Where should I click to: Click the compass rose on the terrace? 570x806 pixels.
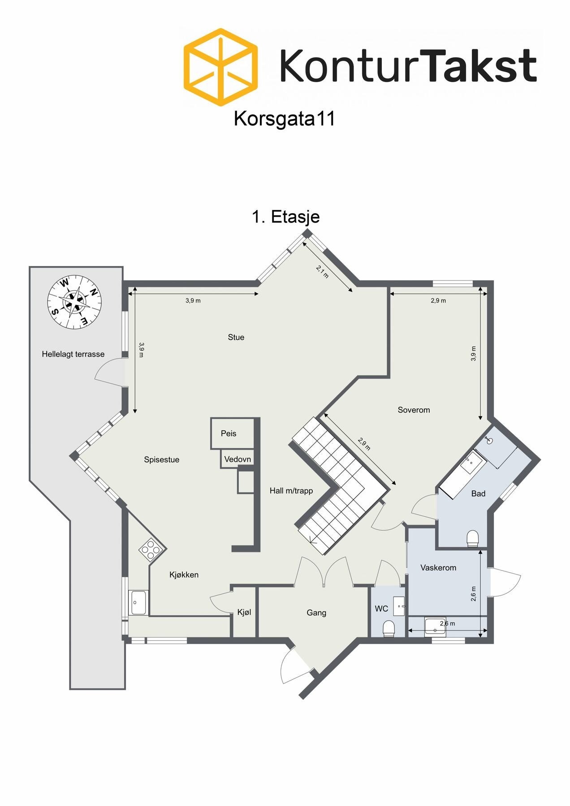tap(74, 301)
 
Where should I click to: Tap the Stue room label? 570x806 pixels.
tap(236, 337)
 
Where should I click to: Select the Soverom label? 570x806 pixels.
tap(413, 410)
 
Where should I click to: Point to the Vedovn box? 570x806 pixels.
tap(237, 459)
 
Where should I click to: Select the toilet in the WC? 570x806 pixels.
tap(389, 628)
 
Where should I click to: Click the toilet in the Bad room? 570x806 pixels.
tap(473, 538)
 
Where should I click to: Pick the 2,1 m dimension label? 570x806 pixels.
tap(322, 272)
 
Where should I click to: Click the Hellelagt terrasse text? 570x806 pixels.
tap(73, 354)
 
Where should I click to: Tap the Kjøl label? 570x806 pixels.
tap(244, 612)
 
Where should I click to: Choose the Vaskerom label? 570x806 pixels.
tap(438, 568)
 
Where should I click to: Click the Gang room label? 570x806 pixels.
tap(316, 613)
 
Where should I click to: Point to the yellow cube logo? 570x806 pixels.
tap(221, 67)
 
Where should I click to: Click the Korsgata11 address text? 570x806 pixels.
tap(284, 119)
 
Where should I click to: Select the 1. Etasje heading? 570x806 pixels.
tap(285, 217)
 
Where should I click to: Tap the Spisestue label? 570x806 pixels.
tap(161, 459)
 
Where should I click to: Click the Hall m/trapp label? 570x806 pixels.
tap(291, 491)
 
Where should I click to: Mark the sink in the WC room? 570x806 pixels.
tap(399, 606)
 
